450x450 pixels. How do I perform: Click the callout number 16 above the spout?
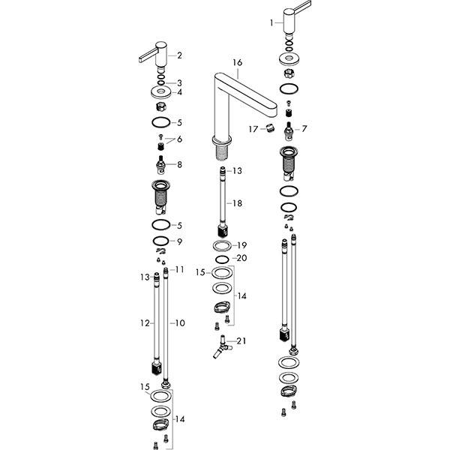tap(238, 63)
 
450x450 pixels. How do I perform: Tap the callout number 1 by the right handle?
tap(271, 23)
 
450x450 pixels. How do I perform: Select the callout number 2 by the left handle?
tap(179, 55)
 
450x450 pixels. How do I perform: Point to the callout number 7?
tap(305, 129)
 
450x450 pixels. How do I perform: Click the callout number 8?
tap(179, 164)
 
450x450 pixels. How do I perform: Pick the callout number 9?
tap(179, 241)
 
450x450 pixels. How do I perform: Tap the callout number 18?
tap(237, 203)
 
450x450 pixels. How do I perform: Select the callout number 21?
tap(240, 341)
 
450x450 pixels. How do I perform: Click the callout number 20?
tap(241, 258)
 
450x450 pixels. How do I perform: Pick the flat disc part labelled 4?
tap(159, 92)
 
